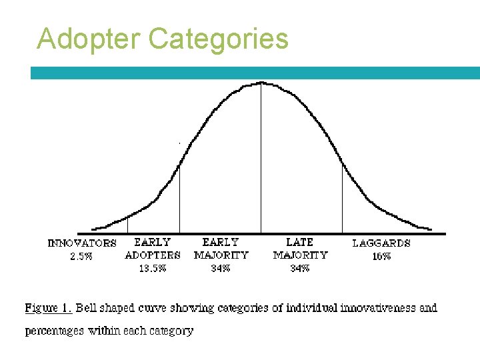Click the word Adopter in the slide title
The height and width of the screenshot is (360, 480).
click(x=90, y=39)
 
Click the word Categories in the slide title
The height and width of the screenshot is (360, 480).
click(x=219, y=39)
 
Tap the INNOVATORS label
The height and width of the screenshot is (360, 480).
click(x=82, y=243)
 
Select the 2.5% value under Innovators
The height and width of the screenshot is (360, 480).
click(x=81, y=257)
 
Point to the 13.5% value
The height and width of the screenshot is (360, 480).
click(x=153, y=268)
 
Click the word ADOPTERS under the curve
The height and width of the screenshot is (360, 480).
click(x=153, y=255)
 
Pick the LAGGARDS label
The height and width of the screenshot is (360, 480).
click(x=381, y=243)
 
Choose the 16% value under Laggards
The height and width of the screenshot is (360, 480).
click(x=381, y=256)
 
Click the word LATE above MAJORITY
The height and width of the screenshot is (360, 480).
click(x=299, y=242)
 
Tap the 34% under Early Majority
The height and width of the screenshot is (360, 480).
click(x=221, y=268)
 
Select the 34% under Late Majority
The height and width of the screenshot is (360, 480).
click(x=299, y=268)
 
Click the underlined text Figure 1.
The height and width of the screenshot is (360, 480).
click(x=49, y=308)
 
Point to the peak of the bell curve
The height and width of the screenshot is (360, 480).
click(x=261, y=83)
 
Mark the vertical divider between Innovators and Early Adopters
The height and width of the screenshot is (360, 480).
click(x=127, y=225)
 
